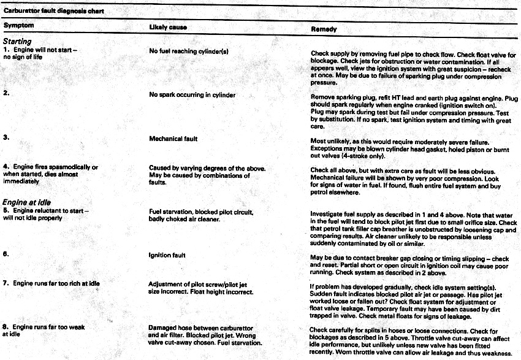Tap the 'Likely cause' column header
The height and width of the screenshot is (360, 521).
click(x=168, y=28)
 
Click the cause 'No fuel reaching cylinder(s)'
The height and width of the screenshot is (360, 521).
click(x=189, y=52)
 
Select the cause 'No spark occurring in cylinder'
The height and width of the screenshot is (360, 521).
click(x=192, y=95)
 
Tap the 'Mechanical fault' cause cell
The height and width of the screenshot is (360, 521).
click(x=173, y=139)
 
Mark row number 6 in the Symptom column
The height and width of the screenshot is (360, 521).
click(x=6, y=255)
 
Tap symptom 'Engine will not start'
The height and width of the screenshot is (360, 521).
click(x=45, y=49)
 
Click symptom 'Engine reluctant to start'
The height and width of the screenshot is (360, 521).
click(x=50, y=211)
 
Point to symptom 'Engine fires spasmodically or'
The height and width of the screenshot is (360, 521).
click(x=55, y=167)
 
